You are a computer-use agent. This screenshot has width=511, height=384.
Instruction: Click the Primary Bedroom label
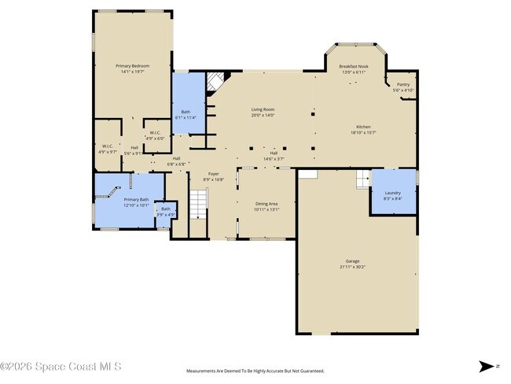coord(132,68)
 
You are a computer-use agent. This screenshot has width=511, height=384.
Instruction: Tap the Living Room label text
coord(263,112)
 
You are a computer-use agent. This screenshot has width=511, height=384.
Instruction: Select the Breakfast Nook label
coord(355,69)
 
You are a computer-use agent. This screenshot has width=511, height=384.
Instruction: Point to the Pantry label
coord(403,87)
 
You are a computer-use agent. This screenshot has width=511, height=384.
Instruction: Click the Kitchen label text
coord(362,129)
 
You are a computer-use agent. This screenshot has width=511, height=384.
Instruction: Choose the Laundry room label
coord(392,195)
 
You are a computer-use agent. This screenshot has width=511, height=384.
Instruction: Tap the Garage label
coord(352,264)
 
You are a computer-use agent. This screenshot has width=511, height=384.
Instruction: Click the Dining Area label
coord(266,206)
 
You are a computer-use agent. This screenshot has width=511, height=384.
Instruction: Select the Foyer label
coord(213,176)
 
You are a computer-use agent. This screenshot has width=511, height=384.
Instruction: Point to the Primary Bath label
coord(136,202)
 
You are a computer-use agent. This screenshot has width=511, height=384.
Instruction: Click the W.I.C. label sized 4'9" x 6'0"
coord(155,135)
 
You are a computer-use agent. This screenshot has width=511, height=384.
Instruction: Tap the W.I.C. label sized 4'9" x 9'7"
coord(108,147)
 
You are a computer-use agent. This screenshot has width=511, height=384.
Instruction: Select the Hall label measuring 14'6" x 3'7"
coord(274,156)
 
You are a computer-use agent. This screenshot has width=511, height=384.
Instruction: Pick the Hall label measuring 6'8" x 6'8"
coord(176,161)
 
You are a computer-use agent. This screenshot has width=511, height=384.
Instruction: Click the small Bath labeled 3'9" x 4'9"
coord(165,211)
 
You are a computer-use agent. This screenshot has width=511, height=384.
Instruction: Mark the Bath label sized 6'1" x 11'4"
coord(186,114)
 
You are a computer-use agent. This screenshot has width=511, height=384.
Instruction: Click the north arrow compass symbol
coord(487,366)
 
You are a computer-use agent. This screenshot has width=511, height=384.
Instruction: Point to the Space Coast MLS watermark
coord(61,366)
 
